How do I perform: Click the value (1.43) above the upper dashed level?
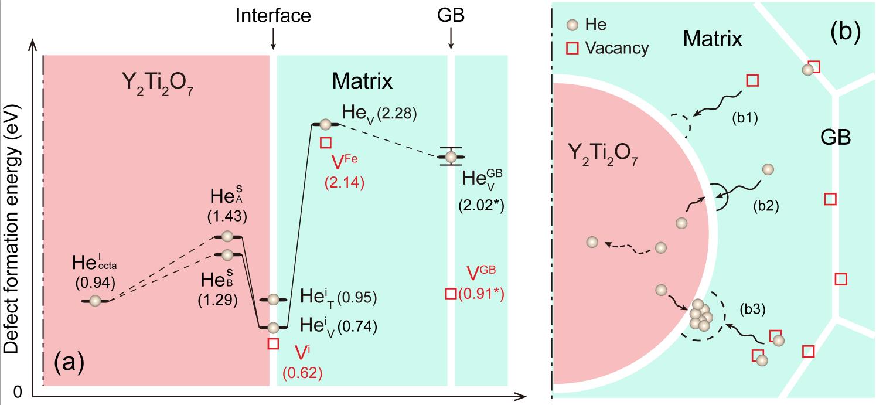point(227,216)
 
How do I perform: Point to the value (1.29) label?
point(218,300)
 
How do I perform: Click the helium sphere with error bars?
point(451,157)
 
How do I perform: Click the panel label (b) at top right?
point(846,33)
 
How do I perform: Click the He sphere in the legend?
point(574,25)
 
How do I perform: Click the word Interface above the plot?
point(273,16)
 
